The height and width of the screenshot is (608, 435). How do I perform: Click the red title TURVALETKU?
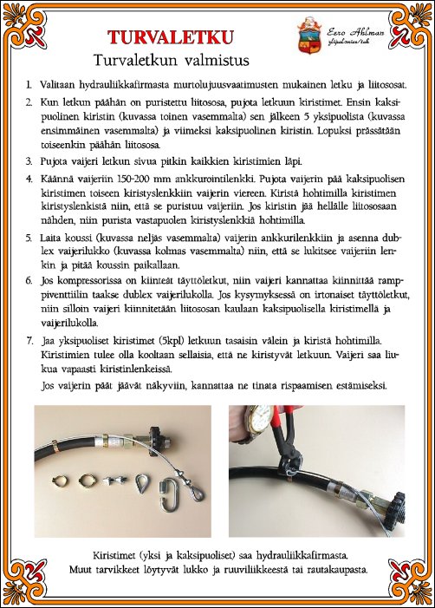pyautogui.click(x=170, y=36)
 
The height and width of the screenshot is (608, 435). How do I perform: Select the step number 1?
pyautogui.click(x=29, y=85)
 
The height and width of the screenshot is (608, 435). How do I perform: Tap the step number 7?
pyautogui.click(x=29, y=335)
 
